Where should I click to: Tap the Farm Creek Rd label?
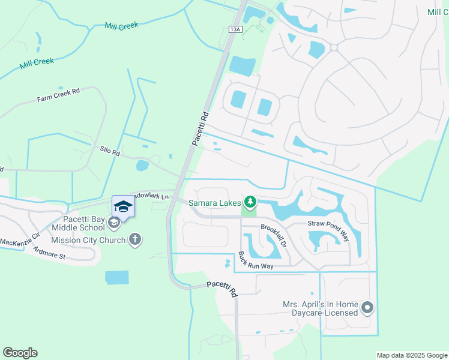[x=58, y=95]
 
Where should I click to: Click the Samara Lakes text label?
[x=215, y=203]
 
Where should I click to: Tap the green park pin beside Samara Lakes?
[x=250, y=202]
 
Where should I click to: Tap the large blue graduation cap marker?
[x=123, y=206]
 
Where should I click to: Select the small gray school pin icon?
[x=113, y=223]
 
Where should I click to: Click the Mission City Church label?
[x=88, y=240]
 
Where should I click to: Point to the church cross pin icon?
[x=135, y=240]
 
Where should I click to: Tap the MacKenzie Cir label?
[x=19, y=241]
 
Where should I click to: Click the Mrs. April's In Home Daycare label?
[x=321, y=308]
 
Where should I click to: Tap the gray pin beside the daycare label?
[x=368, y=308]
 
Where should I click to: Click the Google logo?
[x=20, y=353]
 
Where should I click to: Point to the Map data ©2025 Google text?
[x=412, y=355]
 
